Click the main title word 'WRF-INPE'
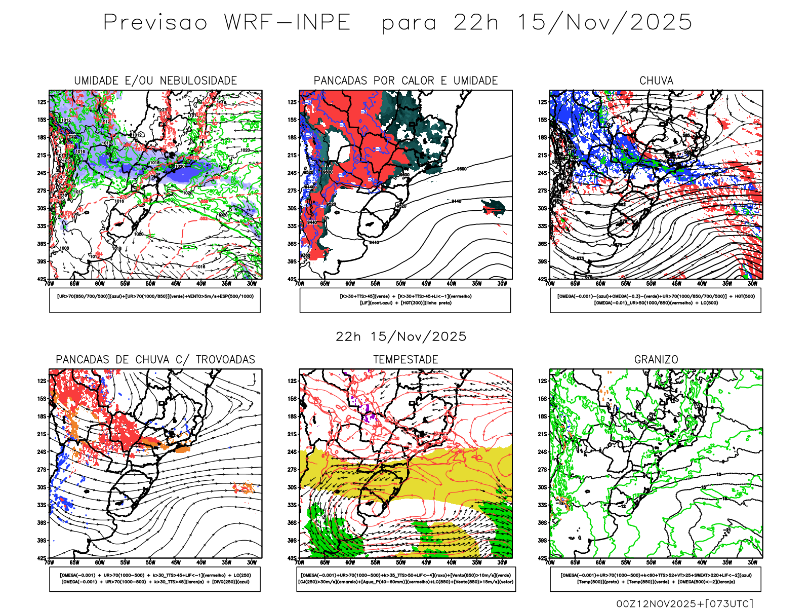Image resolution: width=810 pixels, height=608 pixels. (x=287, y=23)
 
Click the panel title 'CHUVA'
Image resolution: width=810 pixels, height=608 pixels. (x=656, y=81)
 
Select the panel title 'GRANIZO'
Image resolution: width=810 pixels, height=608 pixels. (x=656, y=360)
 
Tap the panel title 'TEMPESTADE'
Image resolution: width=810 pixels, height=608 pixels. (x=406, y=360)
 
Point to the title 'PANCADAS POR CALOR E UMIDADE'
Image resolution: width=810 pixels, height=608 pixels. (x=406, y=81)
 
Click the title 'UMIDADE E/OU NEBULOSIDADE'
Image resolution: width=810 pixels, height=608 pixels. (x=155, y=81)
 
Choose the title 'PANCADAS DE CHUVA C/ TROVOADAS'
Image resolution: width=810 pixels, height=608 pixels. (x=155, y=360)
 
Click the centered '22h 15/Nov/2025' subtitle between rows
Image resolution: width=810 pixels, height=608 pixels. (x=401, y=336)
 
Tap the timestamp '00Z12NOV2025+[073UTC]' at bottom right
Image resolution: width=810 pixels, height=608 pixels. (x=684, y=603)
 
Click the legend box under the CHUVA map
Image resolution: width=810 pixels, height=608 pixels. (x=656, y=300)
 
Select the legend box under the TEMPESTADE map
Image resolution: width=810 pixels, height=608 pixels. (x=406, y=579)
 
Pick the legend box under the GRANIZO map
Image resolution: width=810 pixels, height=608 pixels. (x=656, y=579)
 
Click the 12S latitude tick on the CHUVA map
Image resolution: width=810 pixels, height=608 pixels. (x=543, y=102)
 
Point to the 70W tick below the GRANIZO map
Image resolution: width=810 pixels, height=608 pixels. (x=550, y=562)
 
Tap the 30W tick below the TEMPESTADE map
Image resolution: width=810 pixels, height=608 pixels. (x=502, y=562)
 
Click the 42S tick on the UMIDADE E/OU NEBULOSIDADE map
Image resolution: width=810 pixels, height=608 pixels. (x=41, y=279)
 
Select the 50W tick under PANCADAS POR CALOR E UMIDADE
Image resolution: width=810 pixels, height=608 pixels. (x=401, y=284)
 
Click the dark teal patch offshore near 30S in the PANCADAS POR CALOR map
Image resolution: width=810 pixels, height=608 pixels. (x=495, y=206)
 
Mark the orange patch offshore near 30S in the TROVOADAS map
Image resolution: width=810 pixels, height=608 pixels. (x=245, y=488)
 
